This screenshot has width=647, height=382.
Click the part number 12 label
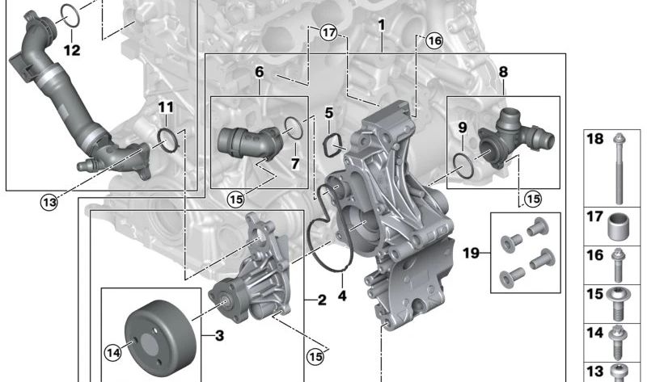click(x=72, y=50)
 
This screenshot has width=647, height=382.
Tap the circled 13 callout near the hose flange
click(x=49, y=203)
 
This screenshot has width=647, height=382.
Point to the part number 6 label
click(x=259, y=72)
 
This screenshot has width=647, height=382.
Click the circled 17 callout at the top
click(x=329, y=32)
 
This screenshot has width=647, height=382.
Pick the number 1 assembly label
click(x=382, y=25)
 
